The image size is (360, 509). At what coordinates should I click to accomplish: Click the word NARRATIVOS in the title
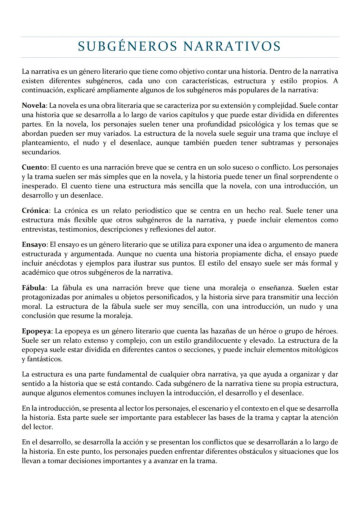coord(232,47)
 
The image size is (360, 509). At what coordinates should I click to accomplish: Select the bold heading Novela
coord(34,106)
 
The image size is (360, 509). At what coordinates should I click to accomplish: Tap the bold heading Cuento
coord(35,167)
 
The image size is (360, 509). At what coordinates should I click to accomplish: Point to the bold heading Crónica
coord(35,211)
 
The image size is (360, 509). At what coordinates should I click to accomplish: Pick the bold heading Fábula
coord(34,288)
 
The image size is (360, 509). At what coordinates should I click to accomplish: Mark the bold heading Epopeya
coord(36,331)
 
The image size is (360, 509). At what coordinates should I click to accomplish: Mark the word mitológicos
coord(318,350)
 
